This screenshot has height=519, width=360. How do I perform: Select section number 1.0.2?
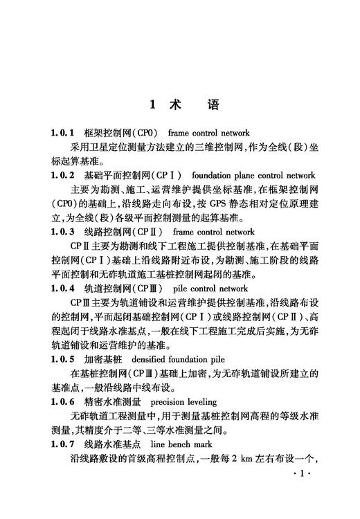click(62, 175)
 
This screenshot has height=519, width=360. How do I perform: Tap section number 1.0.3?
click(62, 232)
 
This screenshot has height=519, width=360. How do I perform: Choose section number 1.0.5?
click(62, 358)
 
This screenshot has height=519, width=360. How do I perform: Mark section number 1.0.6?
click(62, 401)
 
